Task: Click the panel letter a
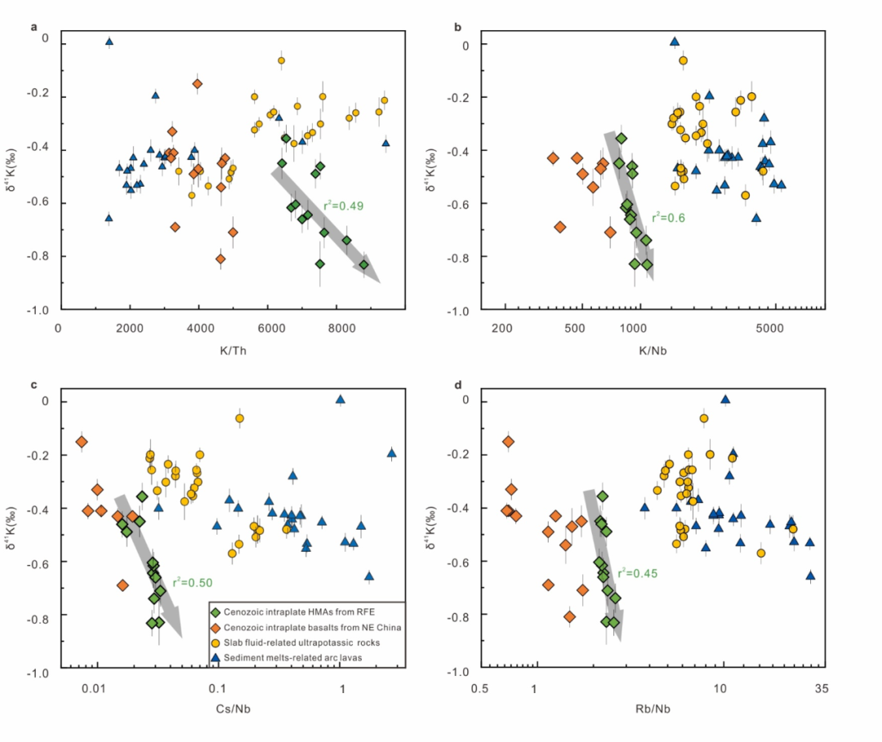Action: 34,27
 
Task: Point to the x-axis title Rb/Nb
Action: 653,709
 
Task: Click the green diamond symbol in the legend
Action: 217,611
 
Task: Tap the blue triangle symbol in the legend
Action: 217,658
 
